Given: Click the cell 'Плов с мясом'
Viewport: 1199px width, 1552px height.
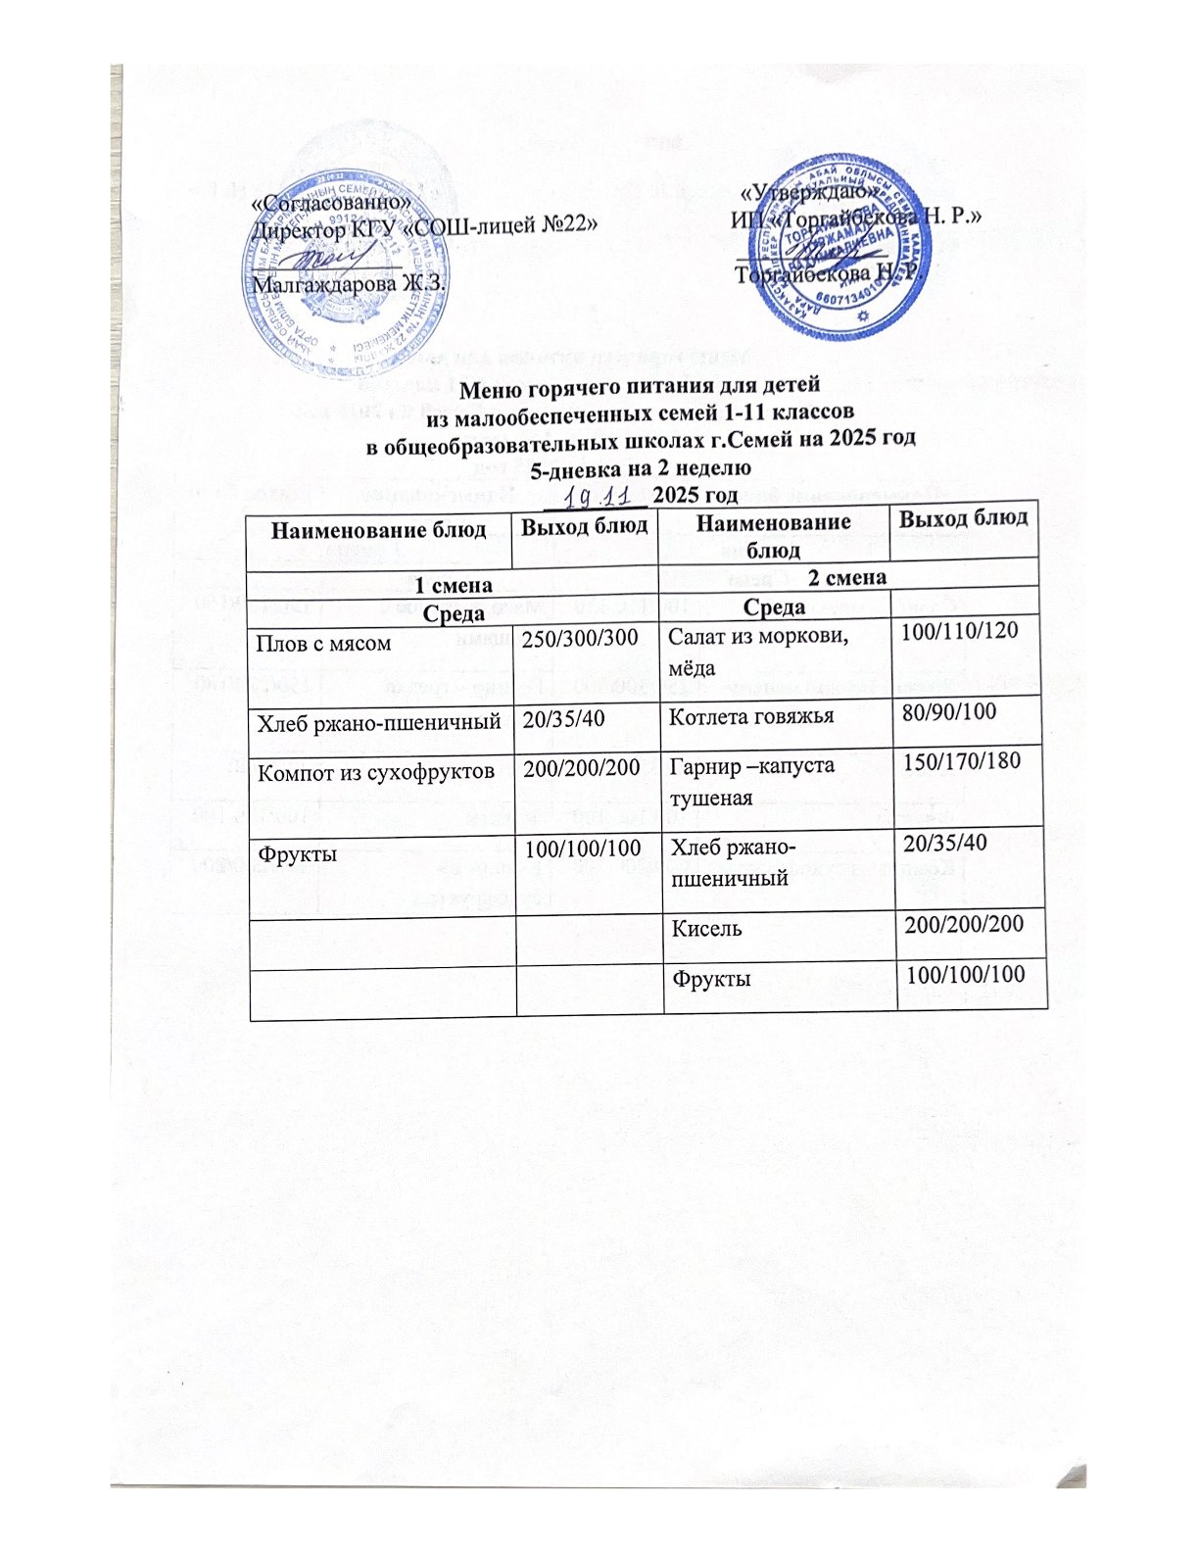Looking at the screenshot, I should (323, 644).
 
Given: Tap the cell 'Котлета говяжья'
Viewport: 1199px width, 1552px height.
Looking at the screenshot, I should (751, 716).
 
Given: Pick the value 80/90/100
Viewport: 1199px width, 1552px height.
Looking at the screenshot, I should (948, 711).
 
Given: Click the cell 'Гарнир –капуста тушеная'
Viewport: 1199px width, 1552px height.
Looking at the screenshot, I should (751, 780).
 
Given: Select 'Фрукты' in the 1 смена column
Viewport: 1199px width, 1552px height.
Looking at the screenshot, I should (296, 853).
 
